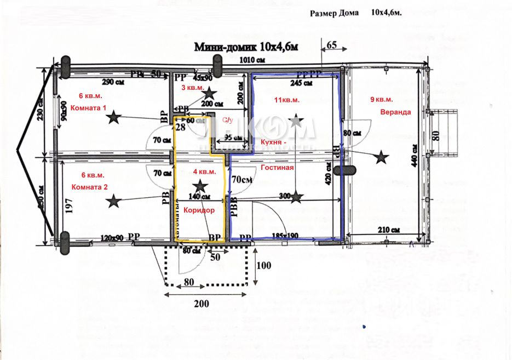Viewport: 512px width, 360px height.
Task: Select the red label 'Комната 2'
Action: coord(90,187)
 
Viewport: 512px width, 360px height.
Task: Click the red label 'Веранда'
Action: coord(395,112)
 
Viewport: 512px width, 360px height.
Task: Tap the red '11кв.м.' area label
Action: coord(287,100)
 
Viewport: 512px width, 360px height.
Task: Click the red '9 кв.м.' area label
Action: coord(382,100)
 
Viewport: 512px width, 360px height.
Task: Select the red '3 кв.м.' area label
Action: coord(192,88)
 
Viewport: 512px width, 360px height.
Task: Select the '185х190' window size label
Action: coord(285,236)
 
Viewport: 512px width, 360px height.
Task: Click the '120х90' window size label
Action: coord(112,238)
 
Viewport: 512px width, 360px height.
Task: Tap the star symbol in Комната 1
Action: coord(114,117)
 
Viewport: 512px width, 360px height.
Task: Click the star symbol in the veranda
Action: coord(381,158)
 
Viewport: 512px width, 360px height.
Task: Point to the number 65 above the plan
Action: coord(331,44)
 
